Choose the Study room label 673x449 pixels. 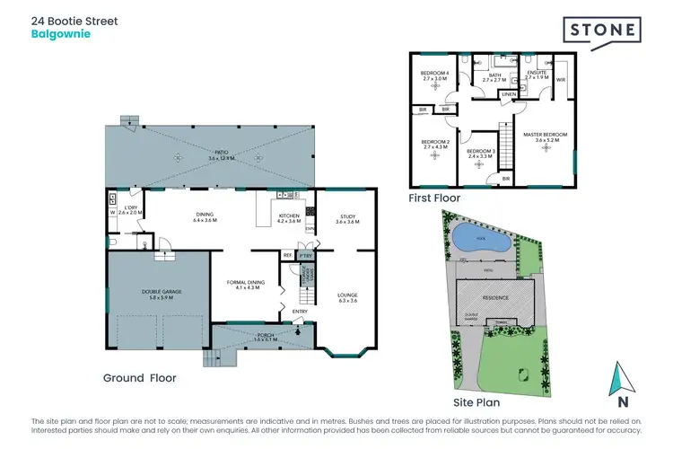[x=345, y=218]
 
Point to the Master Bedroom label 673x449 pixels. [x=546, y=136]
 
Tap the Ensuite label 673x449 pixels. [x=538, y=75]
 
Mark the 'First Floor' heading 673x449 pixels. [x=434, y=197]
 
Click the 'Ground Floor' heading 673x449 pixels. [x=139, y=378]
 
